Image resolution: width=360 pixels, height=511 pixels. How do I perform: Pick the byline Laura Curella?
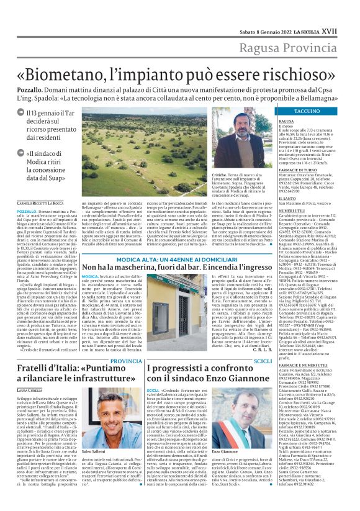click(27, 372)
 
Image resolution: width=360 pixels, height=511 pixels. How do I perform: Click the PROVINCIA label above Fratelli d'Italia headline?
click(127, 343)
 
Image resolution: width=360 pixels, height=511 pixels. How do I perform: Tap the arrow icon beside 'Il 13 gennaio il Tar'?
click(21, 112)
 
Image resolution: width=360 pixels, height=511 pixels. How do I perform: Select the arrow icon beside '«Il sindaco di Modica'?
click(21, 153)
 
